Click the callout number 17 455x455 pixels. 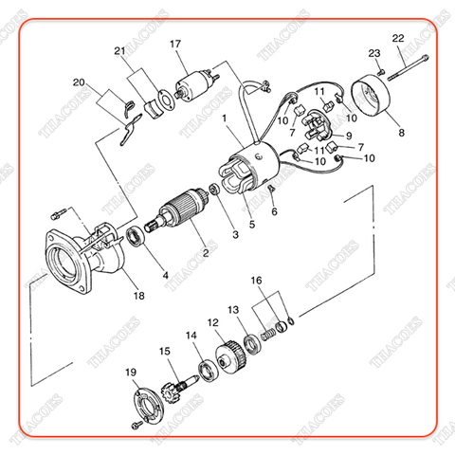pos(175,45)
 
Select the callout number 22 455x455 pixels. pos(398,38)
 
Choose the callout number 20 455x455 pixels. pos(78,82)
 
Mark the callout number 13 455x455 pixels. pos(233,310)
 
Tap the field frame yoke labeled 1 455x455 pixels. pos(253,165)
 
